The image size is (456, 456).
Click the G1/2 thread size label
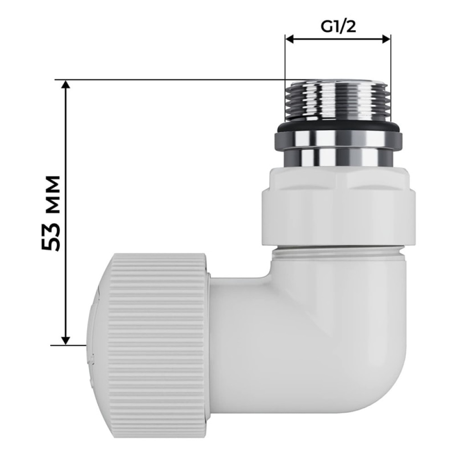pyautogui.click(x=338, y=27)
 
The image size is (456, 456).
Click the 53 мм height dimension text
pyautogui.click(x=51, y=213)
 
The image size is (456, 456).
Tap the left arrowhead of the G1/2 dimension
pyautogui.click(x=290, y=39)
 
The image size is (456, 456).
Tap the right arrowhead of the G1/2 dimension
pyautogui.click(x=386, y=39)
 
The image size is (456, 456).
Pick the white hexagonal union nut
pyautogui.click(x=339, y=207)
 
